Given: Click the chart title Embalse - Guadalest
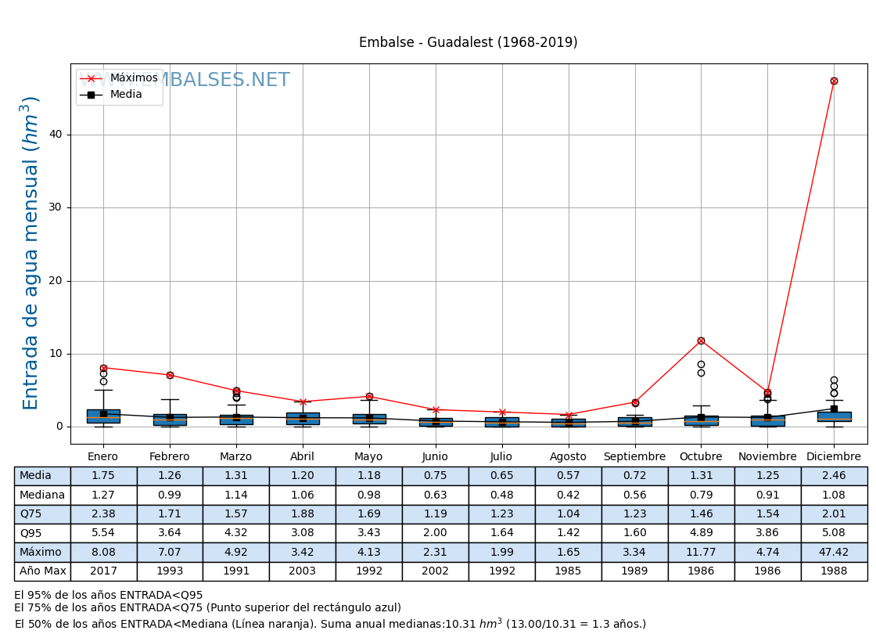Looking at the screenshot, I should click(468, 43).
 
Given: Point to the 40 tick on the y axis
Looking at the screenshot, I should click(56, 135).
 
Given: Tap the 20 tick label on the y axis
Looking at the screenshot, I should click(56, 281).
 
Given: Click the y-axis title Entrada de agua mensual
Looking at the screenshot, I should click(31, 253).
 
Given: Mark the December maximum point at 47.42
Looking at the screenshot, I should click(834, 81).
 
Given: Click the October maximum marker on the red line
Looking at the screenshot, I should click(701, 340).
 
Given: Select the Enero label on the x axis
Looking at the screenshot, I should click(103, 457).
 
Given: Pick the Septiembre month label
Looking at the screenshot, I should click(634, 457).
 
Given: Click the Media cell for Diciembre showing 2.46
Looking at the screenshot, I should click(834, 476).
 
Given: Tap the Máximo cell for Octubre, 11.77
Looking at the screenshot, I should click(701, 552).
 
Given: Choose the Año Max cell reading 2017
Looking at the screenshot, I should click(103, 571).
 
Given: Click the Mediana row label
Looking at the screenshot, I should click(42, 495).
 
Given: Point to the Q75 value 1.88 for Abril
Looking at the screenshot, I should click(303, 514).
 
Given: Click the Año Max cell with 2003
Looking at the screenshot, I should click(303, 571).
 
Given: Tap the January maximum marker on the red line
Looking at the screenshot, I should click(103, 368).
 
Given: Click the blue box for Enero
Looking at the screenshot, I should click(103, 416).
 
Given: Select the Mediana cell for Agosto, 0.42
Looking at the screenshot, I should click(568, 495).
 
